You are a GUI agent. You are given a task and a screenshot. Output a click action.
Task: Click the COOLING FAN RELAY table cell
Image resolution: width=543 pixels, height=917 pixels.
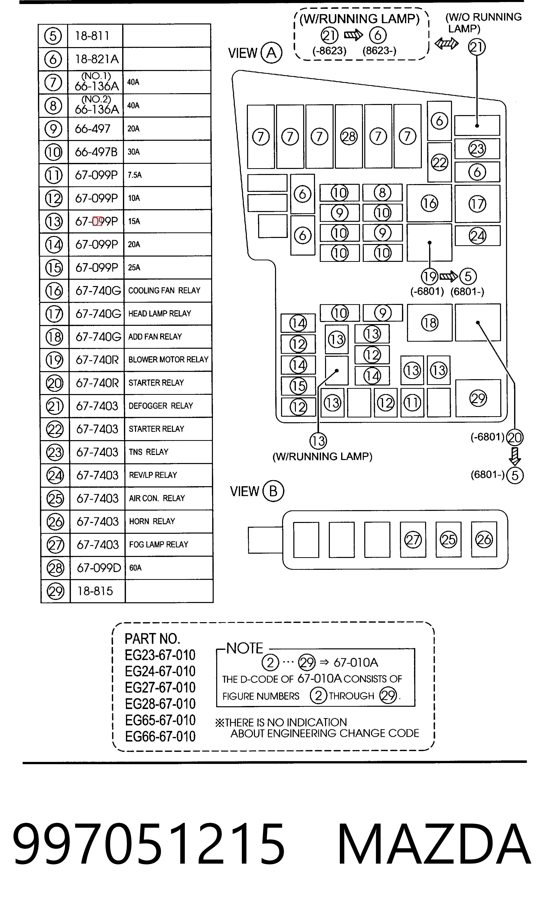point(168,291)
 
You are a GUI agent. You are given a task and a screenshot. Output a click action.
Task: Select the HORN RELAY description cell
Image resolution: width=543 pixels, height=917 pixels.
point(169,521)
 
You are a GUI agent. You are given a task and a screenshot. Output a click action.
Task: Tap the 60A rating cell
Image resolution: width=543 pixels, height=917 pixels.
point(169,568)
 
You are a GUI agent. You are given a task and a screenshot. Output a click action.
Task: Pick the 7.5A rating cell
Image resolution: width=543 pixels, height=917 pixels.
point(167,175)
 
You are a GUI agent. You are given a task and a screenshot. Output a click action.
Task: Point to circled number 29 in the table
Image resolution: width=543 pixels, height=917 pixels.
point(56,591)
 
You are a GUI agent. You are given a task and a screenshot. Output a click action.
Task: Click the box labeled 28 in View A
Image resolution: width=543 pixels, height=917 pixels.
point(349,136)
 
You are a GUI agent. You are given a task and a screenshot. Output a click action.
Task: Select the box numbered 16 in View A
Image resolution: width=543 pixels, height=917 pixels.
point(429,203)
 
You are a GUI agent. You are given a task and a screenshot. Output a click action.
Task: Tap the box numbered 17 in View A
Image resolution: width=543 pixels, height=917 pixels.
point(477,204)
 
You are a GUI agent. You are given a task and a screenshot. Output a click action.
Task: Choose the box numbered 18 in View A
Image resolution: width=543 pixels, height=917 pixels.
point(430,322)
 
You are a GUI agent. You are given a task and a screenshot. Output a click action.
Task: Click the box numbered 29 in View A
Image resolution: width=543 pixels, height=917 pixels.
point(478,398)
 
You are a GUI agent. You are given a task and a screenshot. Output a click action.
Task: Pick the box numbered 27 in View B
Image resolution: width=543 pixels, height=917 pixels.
point(413,540)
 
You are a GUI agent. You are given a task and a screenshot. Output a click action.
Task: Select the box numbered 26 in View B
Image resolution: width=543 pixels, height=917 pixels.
point(484,539)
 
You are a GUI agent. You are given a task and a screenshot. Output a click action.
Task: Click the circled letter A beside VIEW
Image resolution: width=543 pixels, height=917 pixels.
point(271,53)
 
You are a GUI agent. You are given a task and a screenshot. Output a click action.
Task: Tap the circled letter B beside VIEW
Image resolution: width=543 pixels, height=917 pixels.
point(273,491)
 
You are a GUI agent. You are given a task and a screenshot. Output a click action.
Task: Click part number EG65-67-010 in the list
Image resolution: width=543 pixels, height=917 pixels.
point(160,720)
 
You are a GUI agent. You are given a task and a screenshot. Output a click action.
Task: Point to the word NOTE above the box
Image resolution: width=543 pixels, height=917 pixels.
point(244,648)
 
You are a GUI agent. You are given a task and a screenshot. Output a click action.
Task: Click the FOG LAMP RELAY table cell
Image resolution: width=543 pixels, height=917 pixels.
point(169,545)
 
